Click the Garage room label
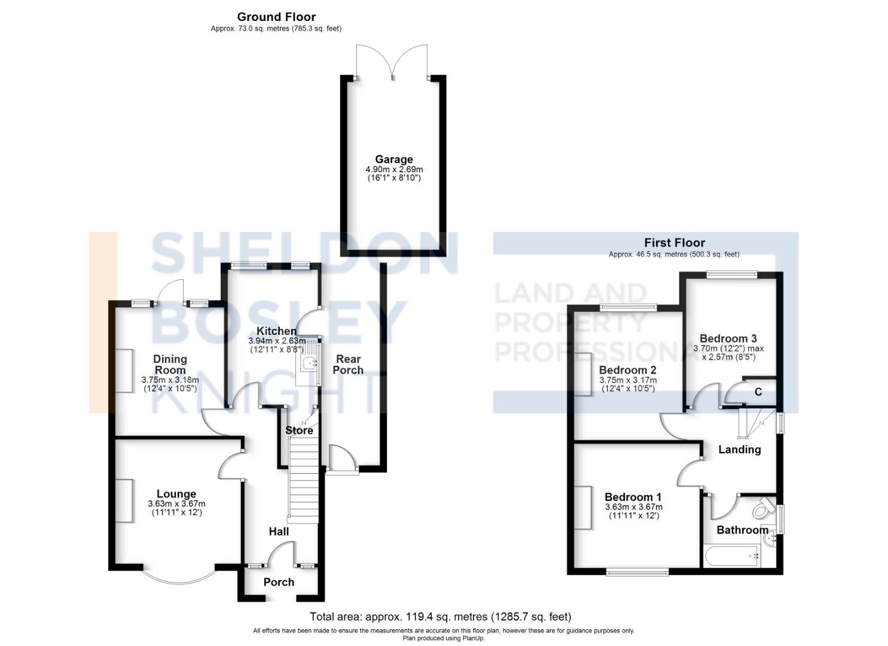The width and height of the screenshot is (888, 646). point(393,159)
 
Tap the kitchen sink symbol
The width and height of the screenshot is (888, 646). point(310,362)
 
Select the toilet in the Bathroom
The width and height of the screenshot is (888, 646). point(761,508)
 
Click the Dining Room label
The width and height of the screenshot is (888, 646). point(170,364)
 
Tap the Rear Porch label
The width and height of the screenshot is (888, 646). point(348,364)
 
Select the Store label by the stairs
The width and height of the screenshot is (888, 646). point(299,430)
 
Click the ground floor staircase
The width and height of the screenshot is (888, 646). point(303,479)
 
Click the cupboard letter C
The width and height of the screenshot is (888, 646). point(758,392)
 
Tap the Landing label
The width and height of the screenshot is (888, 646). point(739,449)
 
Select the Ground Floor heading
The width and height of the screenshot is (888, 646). point(276,17)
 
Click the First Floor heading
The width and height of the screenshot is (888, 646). point(674,242)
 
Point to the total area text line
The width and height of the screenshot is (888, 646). point(440,616)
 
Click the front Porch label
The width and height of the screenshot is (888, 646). point(279,582)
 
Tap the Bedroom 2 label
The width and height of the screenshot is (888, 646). point(627,370)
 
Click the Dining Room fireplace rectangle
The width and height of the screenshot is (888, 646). point(124,370)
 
